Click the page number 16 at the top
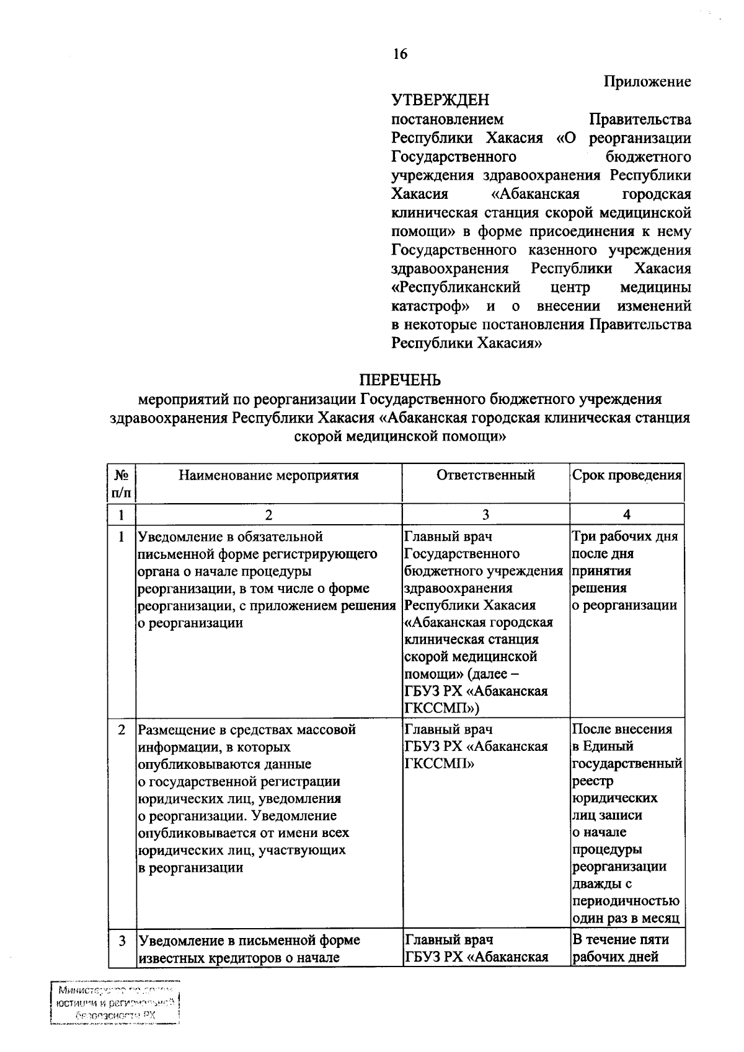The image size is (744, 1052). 400,55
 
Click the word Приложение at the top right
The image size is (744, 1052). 647,82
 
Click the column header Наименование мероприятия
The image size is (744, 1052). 268,476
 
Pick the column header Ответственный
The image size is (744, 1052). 485,475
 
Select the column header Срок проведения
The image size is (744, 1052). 626,475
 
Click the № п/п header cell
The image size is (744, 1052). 122,483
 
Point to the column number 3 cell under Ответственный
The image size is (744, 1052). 485,514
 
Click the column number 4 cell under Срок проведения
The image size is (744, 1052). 627,514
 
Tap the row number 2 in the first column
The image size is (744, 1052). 122,730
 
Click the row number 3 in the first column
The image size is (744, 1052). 122,940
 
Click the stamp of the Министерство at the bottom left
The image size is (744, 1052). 115,1003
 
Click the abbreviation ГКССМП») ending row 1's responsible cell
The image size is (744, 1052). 441,708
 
